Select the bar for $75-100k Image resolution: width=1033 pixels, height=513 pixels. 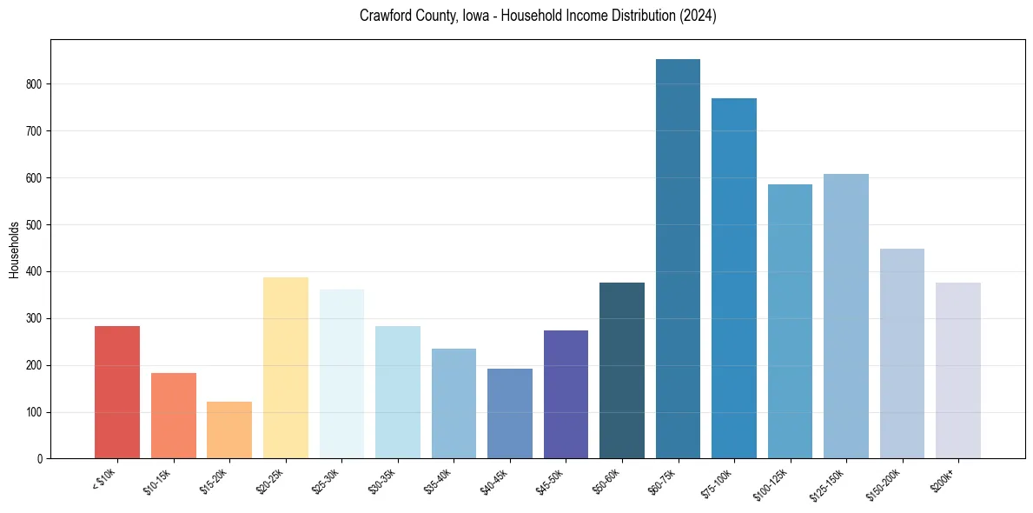pos(734,278)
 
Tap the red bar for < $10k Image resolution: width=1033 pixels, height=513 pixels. pos(117,392)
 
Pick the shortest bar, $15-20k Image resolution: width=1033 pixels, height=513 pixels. pos(229,430)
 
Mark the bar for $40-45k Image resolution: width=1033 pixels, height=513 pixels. pos(510,413)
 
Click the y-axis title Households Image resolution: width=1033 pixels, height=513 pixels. pos(15,250)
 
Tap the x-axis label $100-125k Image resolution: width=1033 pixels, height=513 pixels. pos(778,483)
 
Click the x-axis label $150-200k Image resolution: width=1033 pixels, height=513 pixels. pos(891,483)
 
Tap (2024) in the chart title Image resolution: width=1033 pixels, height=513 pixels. pos(699,16)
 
